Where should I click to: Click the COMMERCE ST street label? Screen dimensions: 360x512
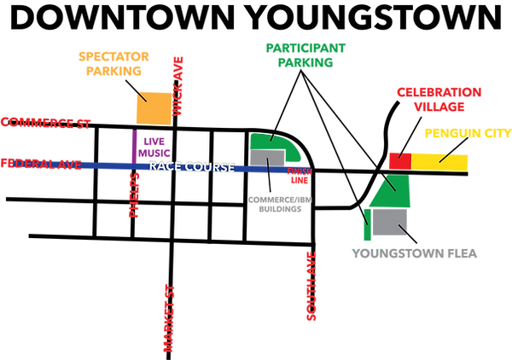[46, 123]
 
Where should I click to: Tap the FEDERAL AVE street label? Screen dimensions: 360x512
[42, 163]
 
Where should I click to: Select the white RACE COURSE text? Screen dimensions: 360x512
[191, 167]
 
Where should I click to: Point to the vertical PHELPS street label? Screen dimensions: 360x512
[133, 196]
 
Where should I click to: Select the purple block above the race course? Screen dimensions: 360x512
[148, 143]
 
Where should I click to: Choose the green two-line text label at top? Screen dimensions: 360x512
[305, 55]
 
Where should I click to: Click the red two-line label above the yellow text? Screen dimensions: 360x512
[439, 98]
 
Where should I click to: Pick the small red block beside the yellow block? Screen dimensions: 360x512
[396, 159]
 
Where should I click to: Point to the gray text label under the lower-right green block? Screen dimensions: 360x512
[415, 254]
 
